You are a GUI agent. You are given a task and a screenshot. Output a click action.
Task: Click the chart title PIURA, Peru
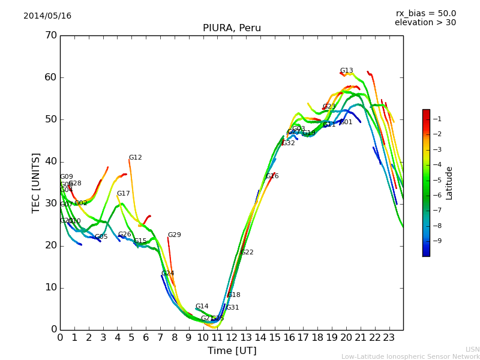232,28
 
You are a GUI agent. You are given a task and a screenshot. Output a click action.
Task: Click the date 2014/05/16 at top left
47,16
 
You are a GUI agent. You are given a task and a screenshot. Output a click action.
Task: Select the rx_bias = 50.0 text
425,13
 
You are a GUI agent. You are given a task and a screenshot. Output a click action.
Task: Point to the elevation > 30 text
425,23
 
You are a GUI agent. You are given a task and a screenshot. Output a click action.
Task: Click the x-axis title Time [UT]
232,351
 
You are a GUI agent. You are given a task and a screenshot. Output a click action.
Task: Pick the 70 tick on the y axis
51,35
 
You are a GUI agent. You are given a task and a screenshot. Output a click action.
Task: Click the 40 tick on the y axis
51,161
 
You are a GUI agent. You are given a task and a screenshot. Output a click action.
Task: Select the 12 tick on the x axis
232,337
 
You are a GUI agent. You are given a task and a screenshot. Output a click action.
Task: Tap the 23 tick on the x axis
389,337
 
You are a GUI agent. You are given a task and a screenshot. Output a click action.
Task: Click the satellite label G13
346,71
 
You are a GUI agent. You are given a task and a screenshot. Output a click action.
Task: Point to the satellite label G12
135,158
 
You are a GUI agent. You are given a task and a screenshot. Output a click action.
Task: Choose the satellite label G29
174,235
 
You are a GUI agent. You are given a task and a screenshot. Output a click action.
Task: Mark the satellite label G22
247,253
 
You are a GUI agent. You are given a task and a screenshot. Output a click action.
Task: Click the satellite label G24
167,274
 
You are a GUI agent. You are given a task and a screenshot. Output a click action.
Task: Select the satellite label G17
123,194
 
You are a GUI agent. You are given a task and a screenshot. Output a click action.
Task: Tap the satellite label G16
272,176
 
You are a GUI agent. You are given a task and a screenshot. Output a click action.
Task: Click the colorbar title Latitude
449,183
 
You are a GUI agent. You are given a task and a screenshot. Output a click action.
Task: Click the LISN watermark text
472,349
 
